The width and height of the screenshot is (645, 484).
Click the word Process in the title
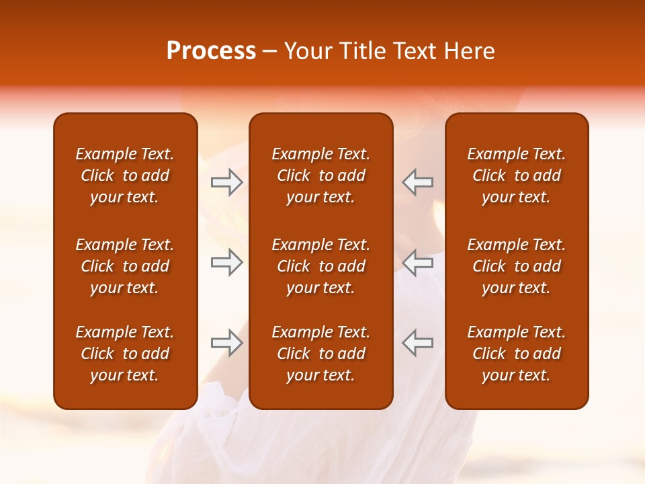211,51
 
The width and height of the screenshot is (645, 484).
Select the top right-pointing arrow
226,182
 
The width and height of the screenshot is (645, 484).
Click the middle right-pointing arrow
226,263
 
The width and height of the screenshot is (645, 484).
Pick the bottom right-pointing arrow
226,344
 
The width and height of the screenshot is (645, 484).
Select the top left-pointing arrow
417,182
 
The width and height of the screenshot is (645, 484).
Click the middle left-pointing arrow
417,263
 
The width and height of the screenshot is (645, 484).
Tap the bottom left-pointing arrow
417,344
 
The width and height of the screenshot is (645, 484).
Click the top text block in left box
125,175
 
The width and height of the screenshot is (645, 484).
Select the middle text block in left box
125,266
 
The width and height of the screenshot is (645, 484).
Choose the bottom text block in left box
125,354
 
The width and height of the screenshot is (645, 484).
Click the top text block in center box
320,175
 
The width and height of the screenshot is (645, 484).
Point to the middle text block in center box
320,266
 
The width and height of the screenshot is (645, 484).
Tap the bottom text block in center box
320,354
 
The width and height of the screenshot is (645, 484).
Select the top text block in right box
516,175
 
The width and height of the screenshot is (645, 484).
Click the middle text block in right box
516,266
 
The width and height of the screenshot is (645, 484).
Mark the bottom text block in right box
516,354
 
